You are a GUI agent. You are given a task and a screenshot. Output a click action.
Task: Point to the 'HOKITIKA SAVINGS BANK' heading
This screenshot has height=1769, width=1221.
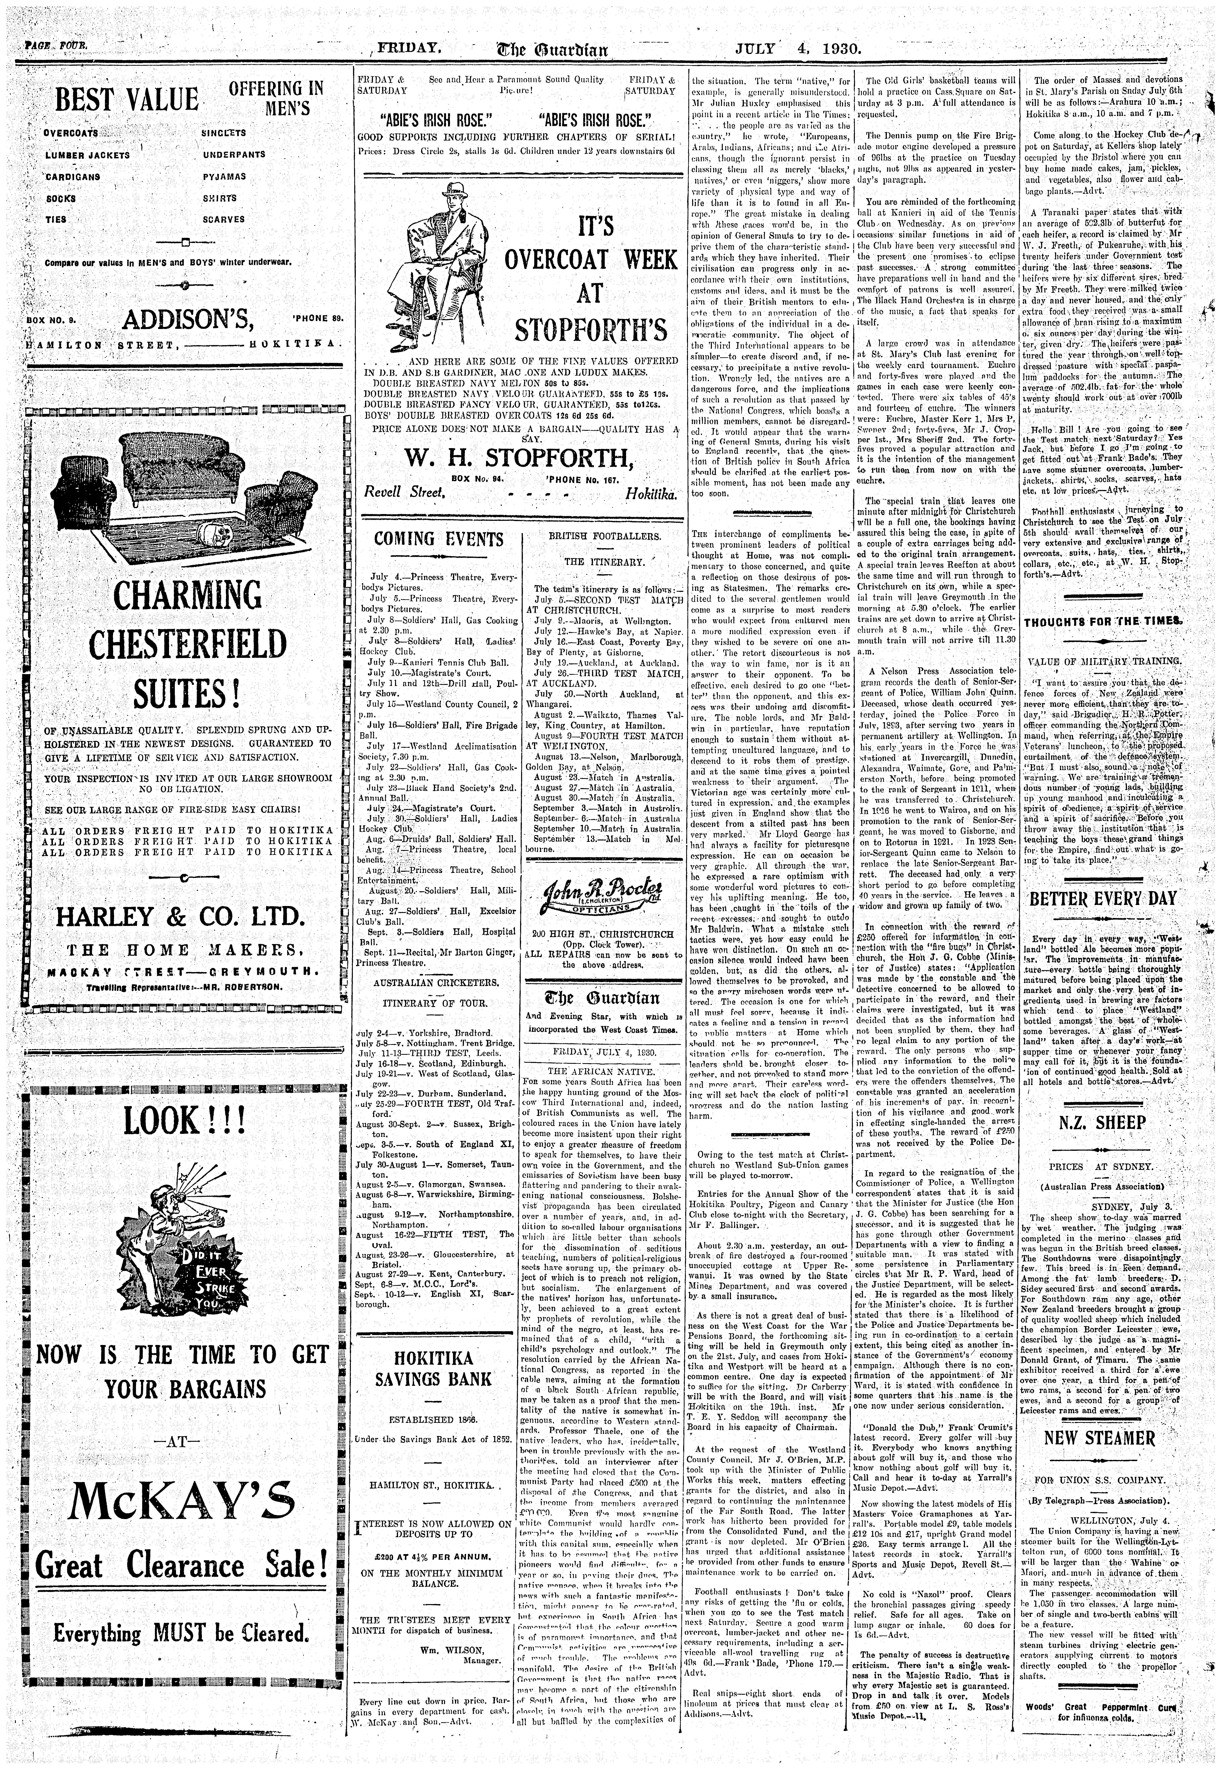(434, 1370)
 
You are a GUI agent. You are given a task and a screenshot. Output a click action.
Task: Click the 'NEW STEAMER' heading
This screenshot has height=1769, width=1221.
(1099, 1437)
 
